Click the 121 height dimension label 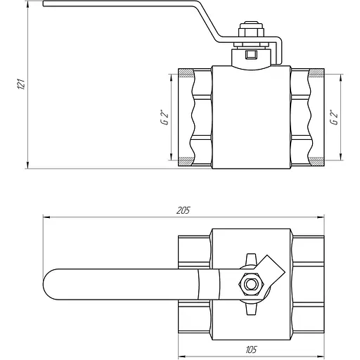click(x=21, y=84)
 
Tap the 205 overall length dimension click(x=183, y=210)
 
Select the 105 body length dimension click(x=251, y=349)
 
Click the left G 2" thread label click(x=165, y=117)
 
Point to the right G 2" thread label click(x=334, y=117)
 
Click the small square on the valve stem click(x=251, y=55)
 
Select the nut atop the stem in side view click(x=251, y=32)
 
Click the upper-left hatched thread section click(x=186, y=73)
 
